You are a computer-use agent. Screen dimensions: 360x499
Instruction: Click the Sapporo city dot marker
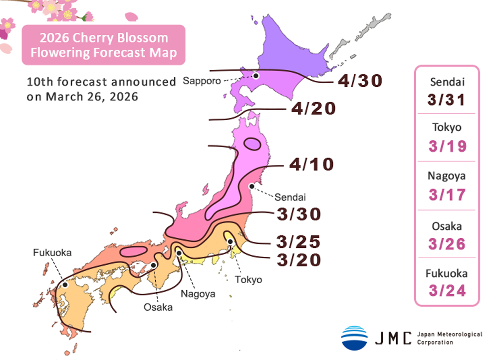[x=255, y=76]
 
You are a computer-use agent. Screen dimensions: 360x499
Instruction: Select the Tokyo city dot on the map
[x=230, y=242]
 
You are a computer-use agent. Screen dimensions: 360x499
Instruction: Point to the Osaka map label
[x=158, y=307]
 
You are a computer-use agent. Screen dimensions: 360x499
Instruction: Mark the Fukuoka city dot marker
[x=65, y=285]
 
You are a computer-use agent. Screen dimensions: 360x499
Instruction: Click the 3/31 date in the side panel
[x=447, y=100]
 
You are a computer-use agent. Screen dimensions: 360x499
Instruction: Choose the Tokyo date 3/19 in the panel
[x=447, y=146]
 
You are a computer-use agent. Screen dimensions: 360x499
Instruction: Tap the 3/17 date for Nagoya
[x=447, y=194]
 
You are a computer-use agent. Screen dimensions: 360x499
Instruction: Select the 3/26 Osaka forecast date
[x=447, y=243]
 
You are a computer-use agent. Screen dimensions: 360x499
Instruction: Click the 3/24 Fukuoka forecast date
[x=447, y=290]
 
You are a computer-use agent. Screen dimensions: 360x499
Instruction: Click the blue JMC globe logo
[x=354, y=338]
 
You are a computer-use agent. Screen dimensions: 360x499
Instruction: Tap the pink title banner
[x=103, y=45]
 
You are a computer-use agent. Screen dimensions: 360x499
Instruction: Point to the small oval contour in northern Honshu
[x=252, y=145]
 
